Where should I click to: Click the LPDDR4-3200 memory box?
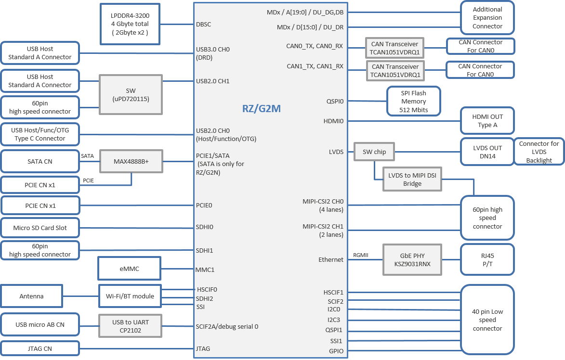click(x=130, y=24)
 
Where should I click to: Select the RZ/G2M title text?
click(x=261, y=109)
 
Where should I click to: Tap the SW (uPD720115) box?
click(x=130, y=94)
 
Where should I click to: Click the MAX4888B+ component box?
click(x=131, y=161)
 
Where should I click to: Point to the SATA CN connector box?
click(x=40, y=161)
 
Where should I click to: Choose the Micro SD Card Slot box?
click(x=40, y=228)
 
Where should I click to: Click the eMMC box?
click(x=129, y=269)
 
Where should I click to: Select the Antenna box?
click(x=32, y=296)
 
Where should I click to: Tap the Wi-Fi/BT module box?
click(x=130, y=296)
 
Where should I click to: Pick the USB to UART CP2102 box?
click(x=130, y=326)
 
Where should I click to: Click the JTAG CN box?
click(x=40, y=348)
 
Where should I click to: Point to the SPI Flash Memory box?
click(x=414, y=101)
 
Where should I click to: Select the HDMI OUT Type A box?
click(x=487, y=121)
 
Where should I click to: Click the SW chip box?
click(x=374, y=152)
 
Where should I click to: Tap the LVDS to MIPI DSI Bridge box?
click(x=412, y=180)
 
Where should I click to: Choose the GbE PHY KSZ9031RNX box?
click(x=412, y=260)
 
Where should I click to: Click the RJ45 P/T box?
click(x=487, y=260)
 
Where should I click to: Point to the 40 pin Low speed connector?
click(x=487, y=320)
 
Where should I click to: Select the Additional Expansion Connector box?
click(x=487, y=18)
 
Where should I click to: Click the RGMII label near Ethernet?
click(x=361, y=255)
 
